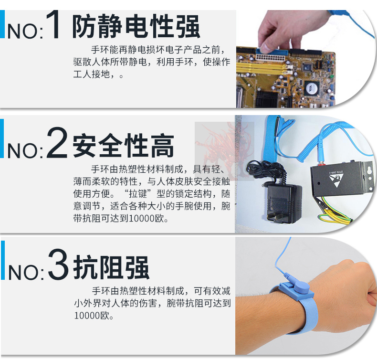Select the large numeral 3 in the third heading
58,264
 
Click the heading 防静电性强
136,26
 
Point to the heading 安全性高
123,145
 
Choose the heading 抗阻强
111,267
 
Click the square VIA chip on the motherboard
312,88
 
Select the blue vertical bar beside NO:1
2,24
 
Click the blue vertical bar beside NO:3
3,260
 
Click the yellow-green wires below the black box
336,212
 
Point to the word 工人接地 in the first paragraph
91,74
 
